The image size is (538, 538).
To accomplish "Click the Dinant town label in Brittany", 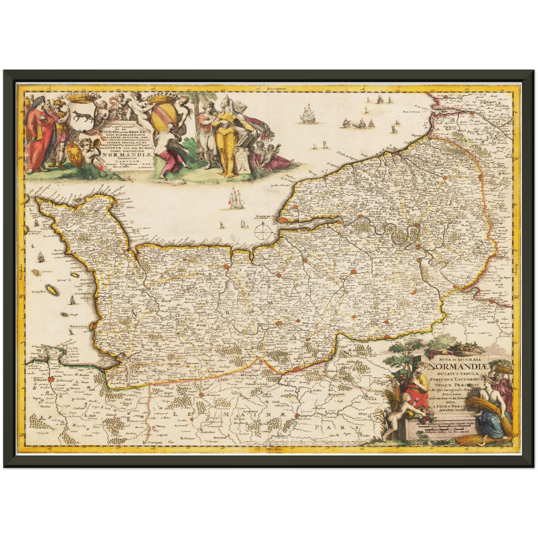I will tap(36, 380).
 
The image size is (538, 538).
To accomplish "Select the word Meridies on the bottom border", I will tap(274, 450).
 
